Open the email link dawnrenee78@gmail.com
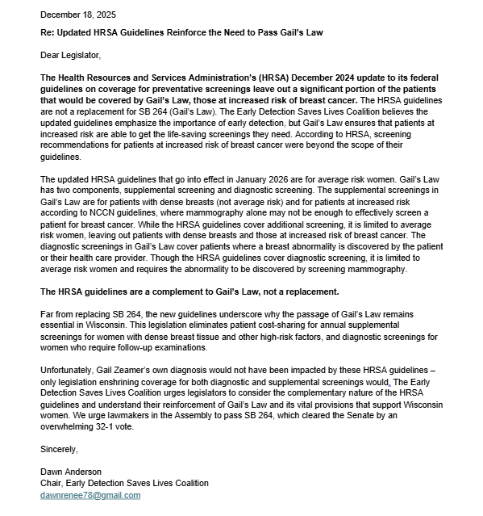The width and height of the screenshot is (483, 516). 90,495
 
